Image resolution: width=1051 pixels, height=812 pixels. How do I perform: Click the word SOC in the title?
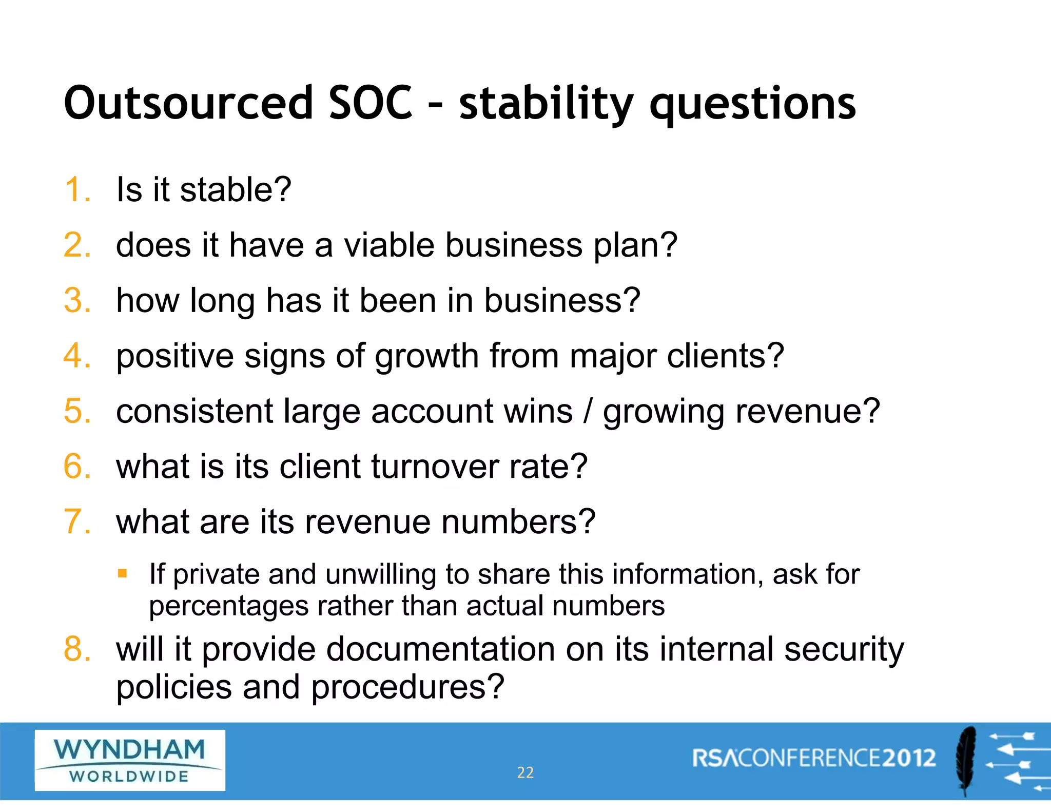(369, 103)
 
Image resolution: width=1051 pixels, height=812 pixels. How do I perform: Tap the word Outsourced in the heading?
(188, 103)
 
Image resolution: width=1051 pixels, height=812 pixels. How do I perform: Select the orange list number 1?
(77, 189)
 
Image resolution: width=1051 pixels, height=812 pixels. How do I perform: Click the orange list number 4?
(77, 356)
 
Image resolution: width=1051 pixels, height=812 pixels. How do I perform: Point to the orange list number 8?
(77, 649)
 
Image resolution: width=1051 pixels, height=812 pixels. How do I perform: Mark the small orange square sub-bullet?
(122, 573)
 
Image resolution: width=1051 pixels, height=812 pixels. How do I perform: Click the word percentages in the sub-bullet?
(228, 607)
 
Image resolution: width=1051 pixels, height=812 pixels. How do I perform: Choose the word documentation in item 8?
(440, 649)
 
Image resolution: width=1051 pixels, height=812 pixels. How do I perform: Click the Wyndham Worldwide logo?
(130, 760)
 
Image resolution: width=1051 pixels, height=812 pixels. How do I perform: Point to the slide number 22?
(525, 772)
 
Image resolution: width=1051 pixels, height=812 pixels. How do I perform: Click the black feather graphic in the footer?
(966, 760)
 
